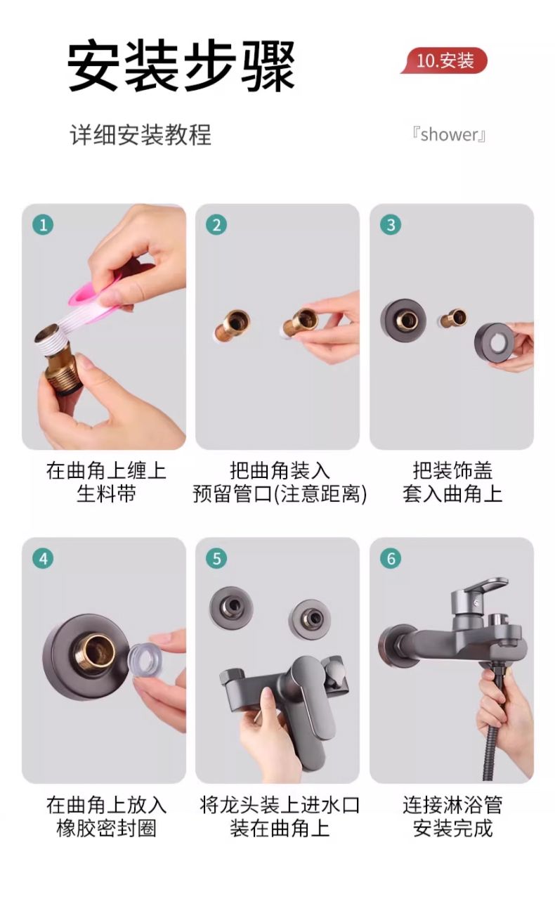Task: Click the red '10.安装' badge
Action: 444,61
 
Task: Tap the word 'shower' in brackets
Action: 449,135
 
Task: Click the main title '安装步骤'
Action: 181,65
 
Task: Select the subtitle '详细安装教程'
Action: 141,134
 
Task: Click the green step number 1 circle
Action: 43,225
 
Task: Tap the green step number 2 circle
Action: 216,225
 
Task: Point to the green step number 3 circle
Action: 391,225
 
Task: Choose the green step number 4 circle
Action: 43,558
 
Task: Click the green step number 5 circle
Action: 216,558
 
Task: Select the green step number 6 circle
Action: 391,558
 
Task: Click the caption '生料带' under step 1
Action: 106,493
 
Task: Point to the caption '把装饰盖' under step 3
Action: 452,470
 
